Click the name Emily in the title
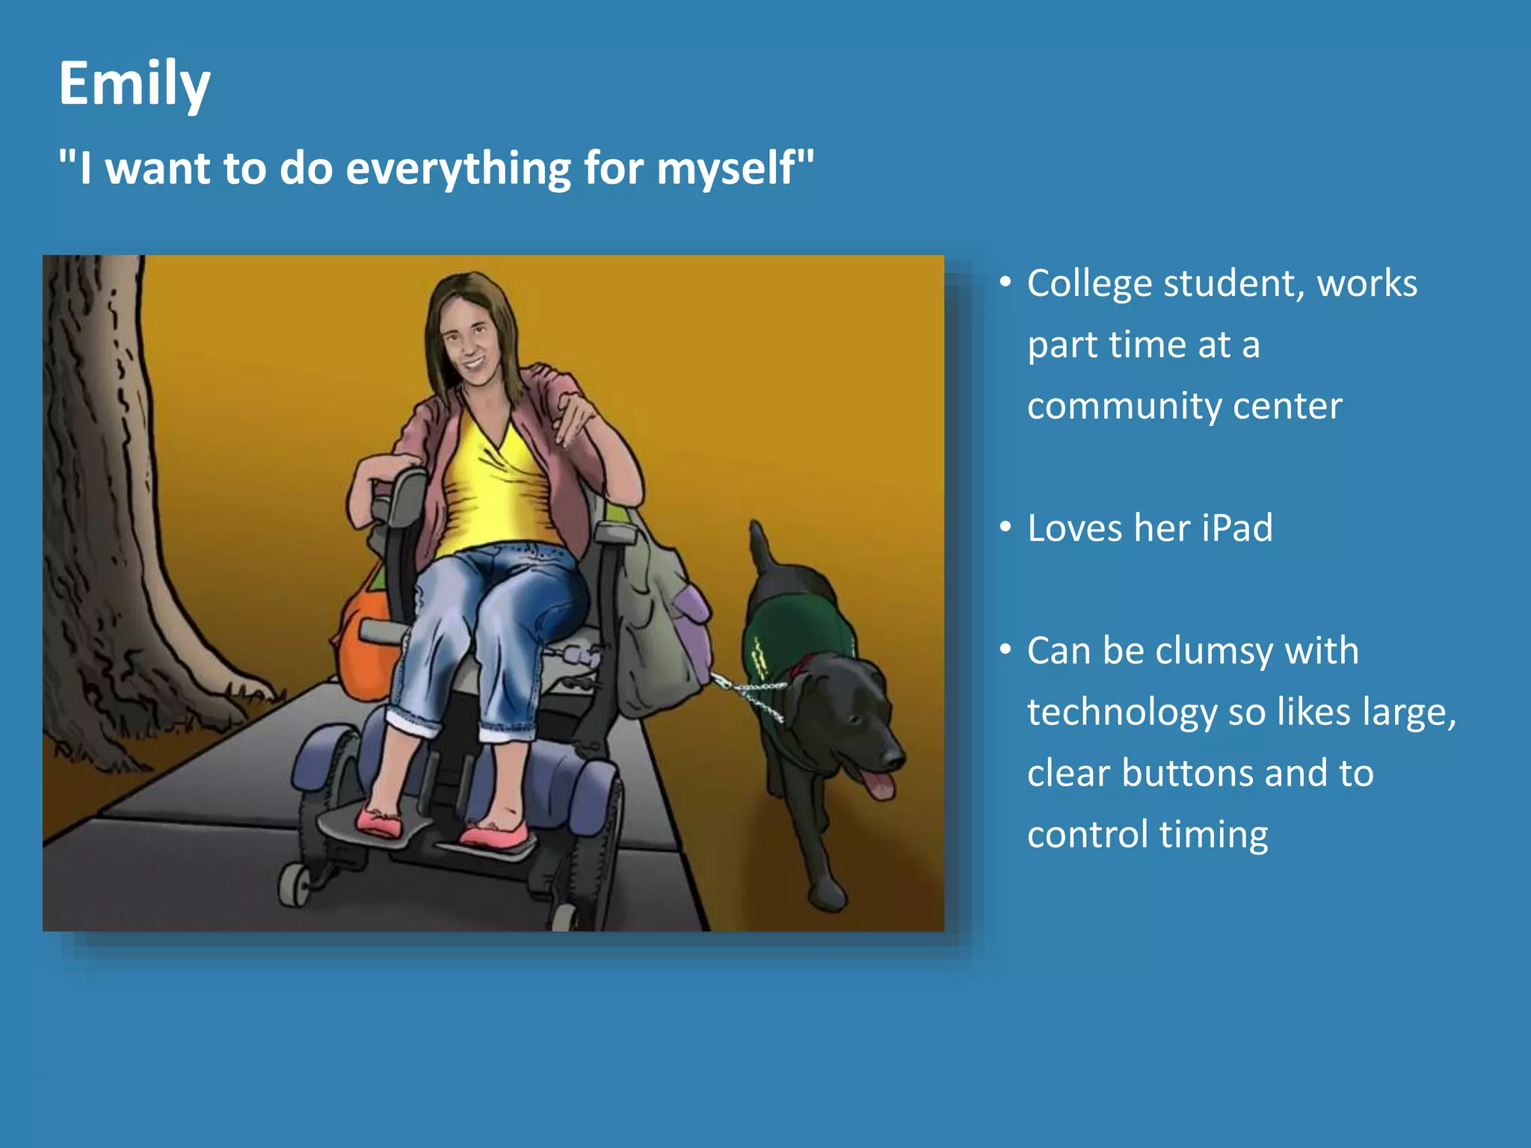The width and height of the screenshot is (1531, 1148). pos(134,84)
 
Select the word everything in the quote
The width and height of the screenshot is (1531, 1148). pos(458,168)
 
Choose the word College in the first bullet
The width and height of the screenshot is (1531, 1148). pos(1089,284)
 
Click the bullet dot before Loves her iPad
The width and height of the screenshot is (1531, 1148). pos(1005,527)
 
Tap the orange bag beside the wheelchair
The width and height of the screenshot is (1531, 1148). pos(363,643)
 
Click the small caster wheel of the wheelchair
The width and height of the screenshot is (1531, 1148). pos(295,886)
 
